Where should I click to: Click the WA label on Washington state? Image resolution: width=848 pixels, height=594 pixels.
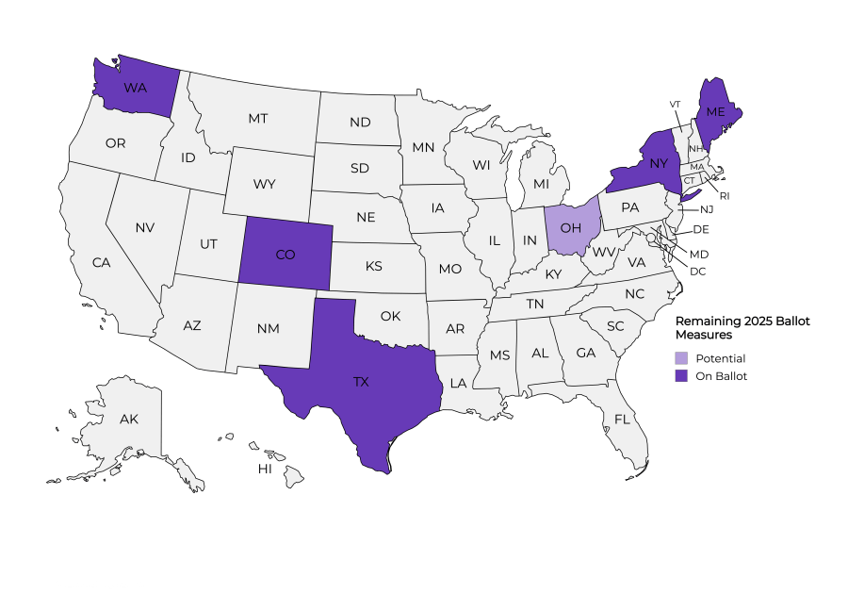(x=135, y=88)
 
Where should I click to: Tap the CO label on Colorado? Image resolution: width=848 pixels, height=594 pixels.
(x=287, y=255)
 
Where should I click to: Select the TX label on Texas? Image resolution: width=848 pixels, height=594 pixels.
(x=361, y=382)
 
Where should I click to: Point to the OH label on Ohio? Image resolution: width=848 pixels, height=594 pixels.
(x=572, y=227)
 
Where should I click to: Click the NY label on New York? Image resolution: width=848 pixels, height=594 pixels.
(x=658, y=161)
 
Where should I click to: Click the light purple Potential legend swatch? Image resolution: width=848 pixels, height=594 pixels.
(x=681, y=358)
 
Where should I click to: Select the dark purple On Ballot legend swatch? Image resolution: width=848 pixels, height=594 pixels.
(x=681, y=376)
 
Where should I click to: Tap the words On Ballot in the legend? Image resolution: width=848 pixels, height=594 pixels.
(x=722, y=376)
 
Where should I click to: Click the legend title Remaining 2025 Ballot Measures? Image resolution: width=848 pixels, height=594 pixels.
(x=743, y=327)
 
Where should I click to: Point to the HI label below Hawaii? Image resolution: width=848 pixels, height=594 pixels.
(x=266, y=469)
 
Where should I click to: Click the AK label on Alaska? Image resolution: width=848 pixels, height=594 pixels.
(x=128, y=419)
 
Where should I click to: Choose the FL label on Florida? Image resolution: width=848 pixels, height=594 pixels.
(x=622, y=419)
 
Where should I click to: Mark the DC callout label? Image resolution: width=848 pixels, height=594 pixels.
(x=698, y=272)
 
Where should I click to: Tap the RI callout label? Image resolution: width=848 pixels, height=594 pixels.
(x=724, y=196)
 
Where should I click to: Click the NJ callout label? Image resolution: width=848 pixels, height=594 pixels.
(x=707, y=209)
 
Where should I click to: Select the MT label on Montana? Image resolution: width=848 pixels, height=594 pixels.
(x=258, y=119)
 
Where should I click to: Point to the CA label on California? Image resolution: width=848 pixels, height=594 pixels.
(x=101, y=263)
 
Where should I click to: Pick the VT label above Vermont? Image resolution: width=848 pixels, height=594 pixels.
(x=675, y=103)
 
